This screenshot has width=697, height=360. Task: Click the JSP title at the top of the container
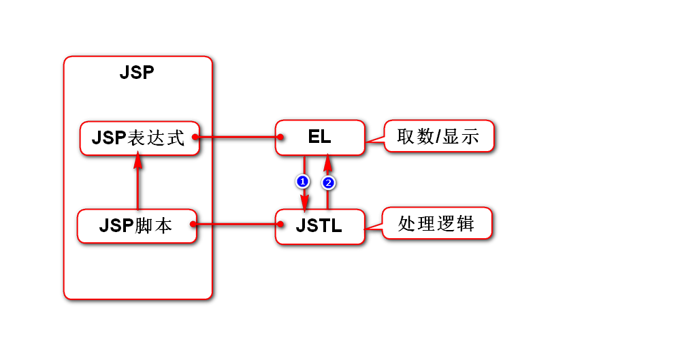[x=137, y=73]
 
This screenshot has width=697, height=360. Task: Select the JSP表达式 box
[x=139, y=138]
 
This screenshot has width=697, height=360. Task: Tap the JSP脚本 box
[x=136, y=226]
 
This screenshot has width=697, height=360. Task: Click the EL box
[x=319, y=137]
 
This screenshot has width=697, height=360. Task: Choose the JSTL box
[x=319, y=226]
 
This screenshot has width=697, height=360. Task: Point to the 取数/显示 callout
[x=438, y=137]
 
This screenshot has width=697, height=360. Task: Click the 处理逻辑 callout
[x=436, y=223]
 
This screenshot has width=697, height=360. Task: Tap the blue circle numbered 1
[x=303, y=181]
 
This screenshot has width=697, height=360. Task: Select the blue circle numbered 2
[x=328, y=182]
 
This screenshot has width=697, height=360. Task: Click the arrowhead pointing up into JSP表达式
[x=138, y=161]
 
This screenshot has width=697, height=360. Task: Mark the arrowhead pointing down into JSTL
[x=304, y=202]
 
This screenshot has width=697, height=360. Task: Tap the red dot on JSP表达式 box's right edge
[x=195, y=137]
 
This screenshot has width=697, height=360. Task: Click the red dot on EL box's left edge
[x=280, y=137]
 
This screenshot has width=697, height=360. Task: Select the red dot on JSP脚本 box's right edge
[x=193, y=224]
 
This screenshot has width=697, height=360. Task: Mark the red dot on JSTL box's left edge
[x=280, y=224]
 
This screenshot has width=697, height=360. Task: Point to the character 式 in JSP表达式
[x=176, y=138]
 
